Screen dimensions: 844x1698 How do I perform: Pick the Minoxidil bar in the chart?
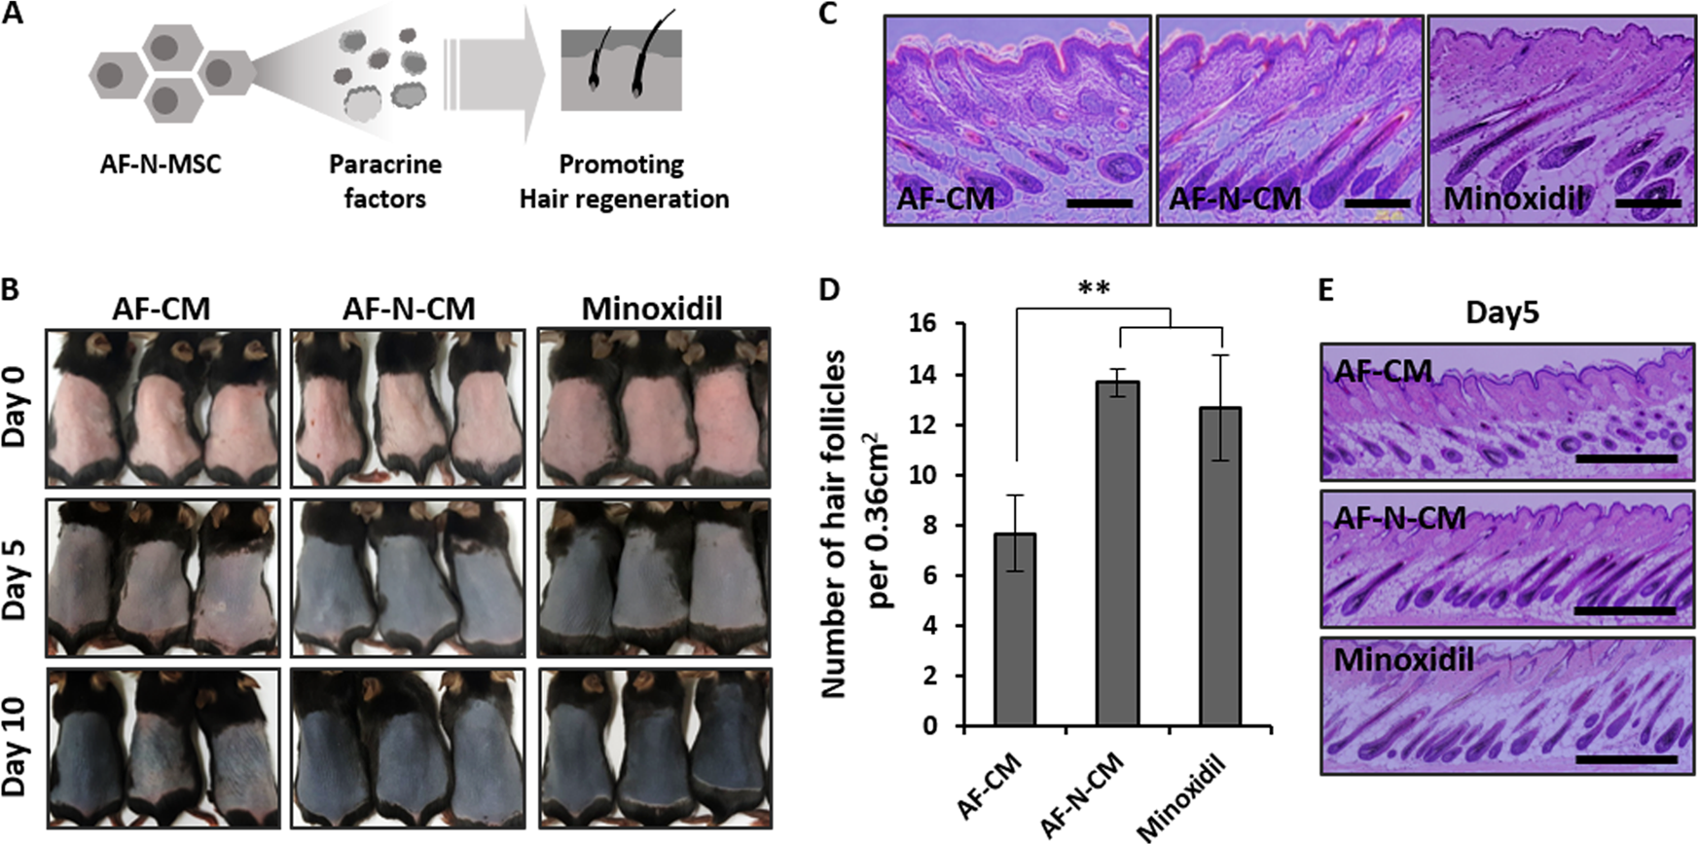(1219, 567)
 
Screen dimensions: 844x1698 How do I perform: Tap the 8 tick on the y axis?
(929, 526)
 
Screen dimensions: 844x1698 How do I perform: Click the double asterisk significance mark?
(1094, 289)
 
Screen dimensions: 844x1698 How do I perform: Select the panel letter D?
(828, 290)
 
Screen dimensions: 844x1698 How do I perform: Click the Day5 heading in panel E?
(1501, 313)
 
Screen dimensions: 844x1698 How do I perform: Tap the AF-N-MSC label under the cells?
(161, 164)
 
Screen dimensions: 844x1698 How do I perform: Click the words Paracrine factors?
(384, 181)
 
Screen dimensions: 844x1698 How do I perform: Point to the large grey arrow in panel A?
(496, 75)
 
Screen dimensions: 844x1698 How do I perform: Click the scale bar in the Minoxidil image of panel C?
(1647, 203)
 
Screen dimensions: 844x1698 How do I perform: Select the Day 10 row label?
(16, 748)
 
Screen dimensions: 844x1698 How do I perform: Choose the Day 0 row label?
(16, 407)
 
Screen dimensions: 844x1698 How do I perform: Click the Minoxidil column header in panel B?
(652, 310)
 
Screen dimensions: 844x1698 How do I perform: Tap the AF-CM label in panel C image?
(945, 199)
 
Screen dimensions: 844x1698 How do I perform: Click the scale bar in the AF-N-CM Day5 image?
(1624, 611)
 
